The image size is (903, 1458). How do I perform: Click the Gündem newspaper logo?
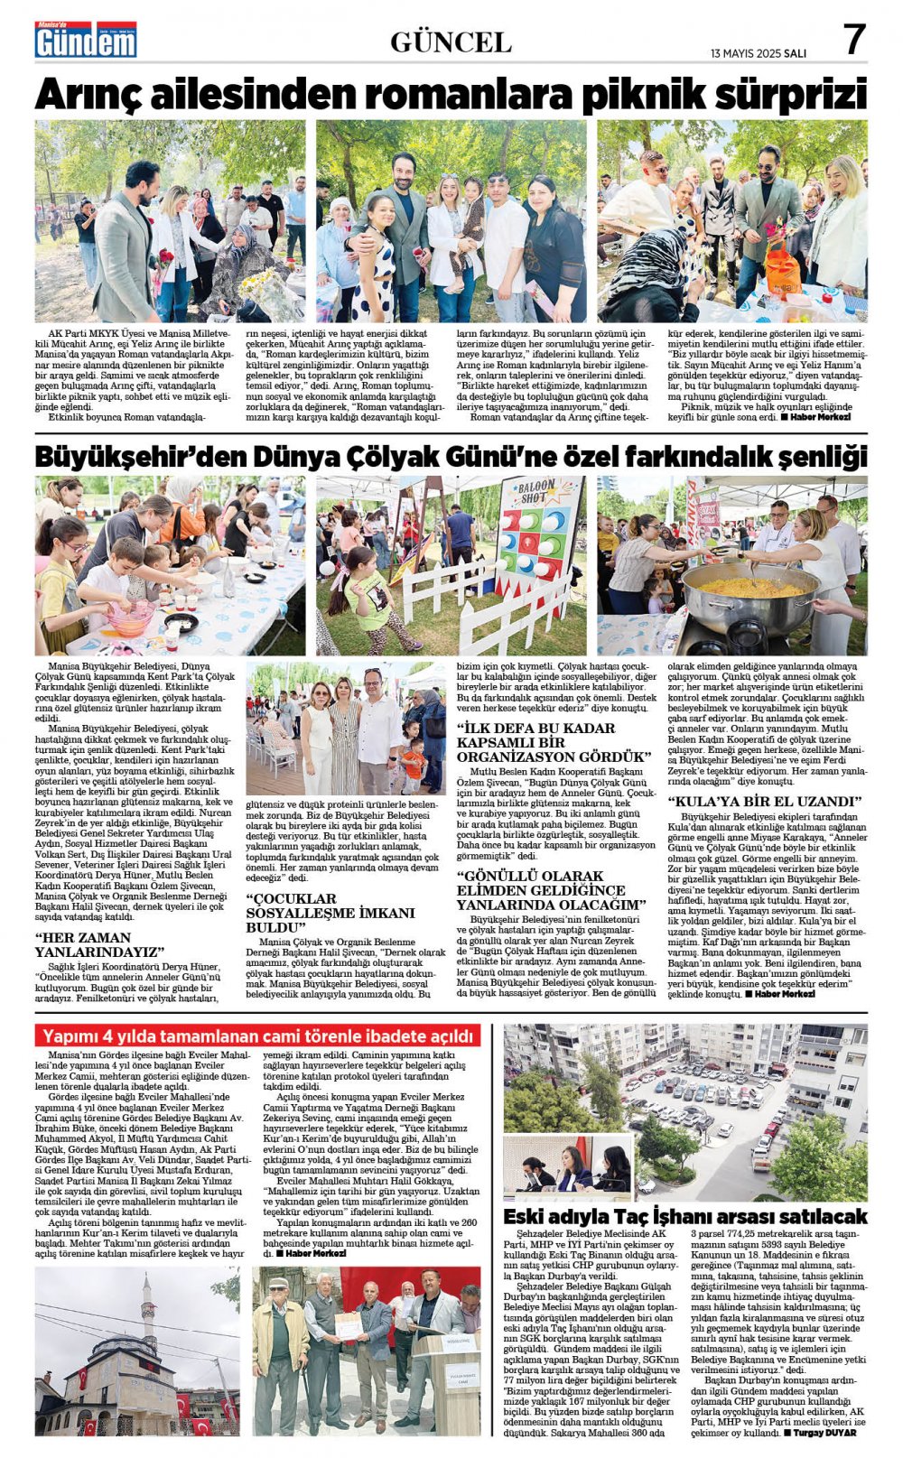(x=86, y=40)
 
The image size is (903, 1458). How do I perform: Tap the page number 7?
(x=854, y=40)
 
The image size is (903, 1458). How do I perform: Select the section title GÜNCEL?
(x=451, y=42)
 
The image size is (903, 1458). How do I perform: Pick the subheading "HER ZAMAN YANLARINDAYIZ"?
(x=100, y=945)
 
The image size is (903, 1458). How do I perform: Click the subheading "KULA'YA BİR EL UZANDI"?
(x=764, y=801)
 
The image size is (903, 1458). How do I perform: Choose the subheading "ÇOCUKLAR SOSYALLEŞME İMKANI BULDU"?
(x=330, y=913)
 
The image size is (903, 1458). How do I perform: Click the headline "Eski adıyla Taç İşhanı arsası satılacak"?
(x=684, y=1215)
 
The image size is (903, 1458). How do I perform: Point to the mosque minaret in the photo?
(x=148, y=1309)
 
